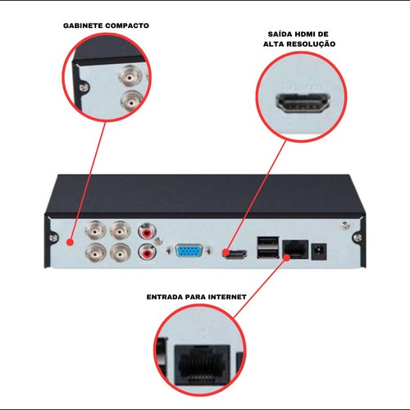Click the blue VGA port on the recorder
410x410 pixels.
(189, 251)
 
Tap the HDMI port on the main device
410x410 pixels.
(235, 254)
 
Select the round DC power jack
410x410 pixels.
(319, 251)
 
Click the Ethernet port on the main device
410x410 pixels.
(295, 250)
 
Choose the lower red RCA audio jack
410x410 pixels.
(147, 253)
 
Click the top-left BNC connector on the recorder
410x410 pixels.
(95, 230)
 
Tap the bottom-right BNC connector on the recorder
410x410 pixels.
(120, 252)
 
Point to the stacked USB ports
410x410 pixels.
(267, 248)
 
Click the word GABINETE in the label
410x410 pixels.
(83, 25)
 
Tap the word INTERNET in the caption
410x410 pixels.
(227, 297)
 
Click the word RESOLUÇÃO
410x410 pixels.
(312, 44)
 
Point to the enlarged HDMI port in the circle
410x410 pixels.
(303, 103)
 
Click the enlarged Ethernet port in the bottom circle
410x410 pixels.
(203, 365)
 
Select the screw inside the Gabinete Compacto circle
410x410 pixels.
(84, 88)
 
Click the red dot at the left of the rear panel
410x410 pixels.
(71, 243)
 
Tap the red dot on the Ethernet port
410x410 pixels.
(286, 257)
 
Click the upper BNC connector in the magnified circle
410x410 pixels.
(130, 76)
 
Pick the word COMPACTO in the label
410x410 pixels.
(127, 25)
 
